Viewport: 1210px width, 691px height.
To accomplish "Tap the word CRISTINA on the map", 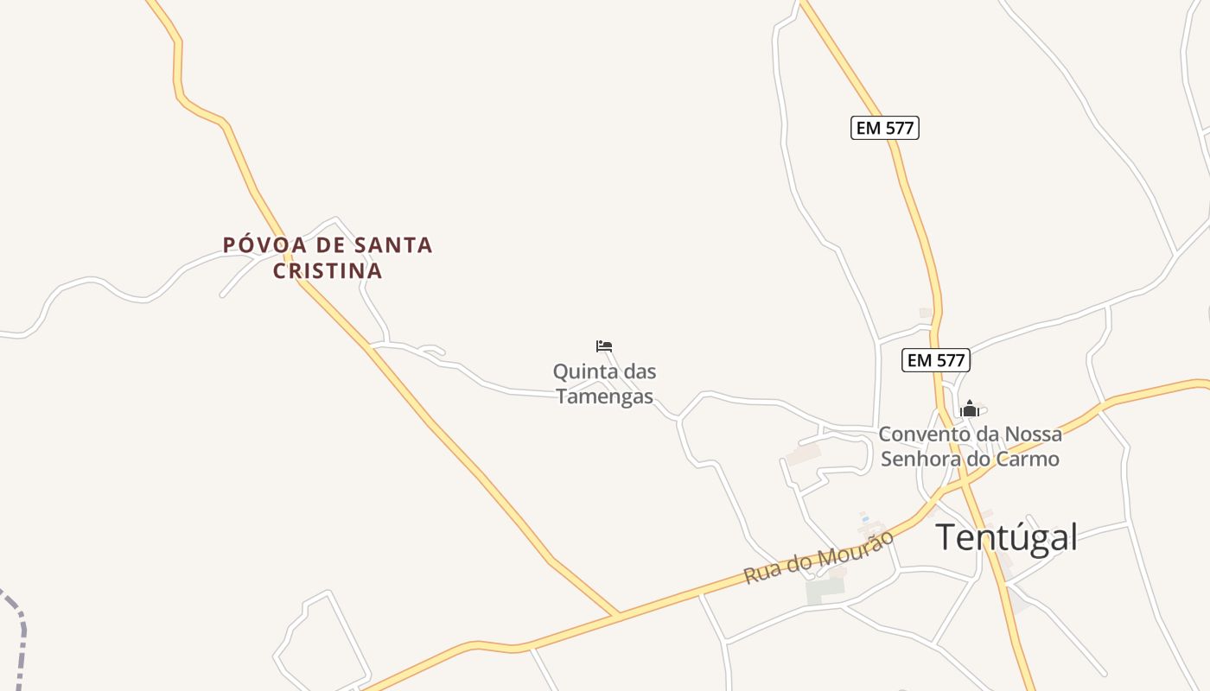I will [328, 271].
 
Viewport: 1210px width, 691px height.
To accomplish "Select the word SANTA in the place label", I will [393, 245].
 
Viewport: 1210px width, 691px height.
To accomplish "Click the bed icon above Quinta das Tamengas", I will [604, 346].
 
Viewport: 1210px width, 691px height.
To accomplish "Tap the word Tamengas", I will [604, 396].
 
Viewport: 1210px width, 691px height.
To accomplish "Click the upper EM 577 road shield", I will [884, 128].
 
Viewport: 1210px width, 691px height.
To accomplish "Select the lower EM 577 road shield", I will [936, 360].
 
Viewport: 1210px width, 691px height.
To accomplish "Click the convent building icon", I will [970, 409].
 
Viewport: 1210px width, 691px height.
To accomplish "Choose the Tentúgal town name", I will [1007, 537].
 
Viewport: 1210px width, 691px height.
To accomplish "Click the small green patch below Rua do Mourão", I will [825, 591].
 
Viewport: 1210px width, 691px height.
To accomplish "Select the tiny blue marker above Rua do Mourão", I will [864, 518].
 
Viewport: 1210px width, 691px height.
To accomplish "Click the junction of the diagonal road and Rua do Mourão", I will [617, 615].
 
